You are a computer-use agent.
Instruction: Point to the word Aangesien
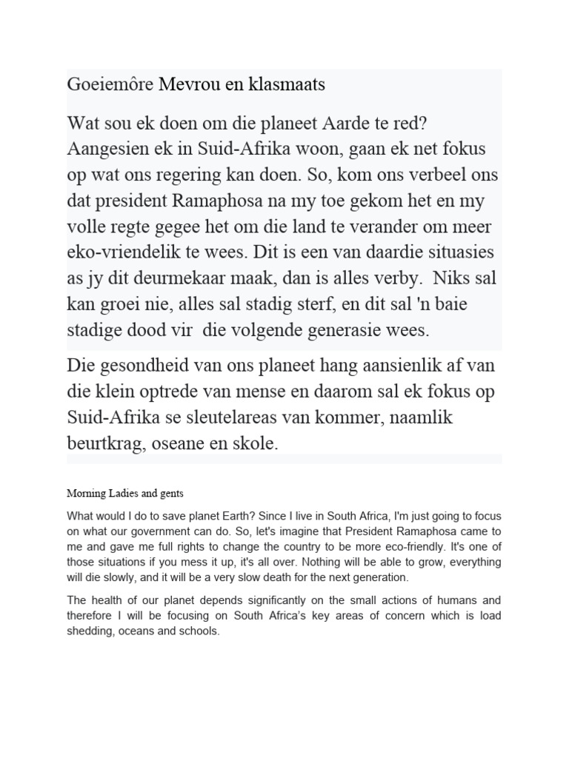pos(106,148)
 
